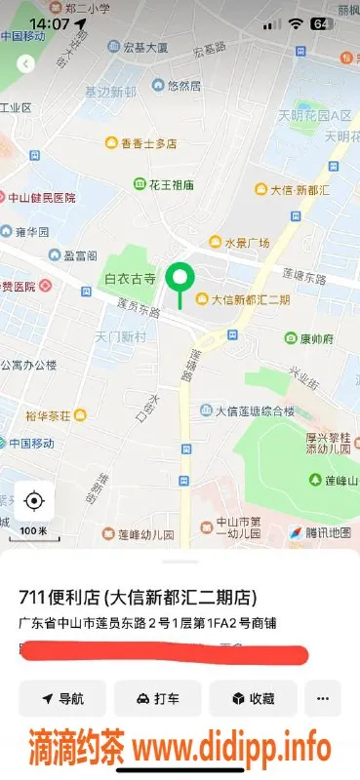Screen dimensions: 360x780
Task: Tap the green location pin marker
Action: (x=179, y=280)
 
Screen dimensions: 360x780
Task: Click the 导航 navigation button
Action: (x=61, y=698)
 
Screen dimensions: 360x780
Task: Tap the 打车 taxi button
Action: (x=157, y=698)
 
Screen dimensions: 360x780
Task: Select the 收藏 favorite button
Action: (x=252, y=698)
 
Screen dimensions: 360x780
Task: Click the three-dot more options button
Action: (x=322, y=698)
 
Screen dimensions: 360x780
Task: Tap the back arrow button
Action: (x=26, y=63)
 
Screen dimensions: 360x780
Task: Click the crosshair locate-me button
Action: (x=34, y=501)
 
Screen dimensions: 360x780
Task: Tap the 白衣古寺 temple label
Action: (x=130, y=279)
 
